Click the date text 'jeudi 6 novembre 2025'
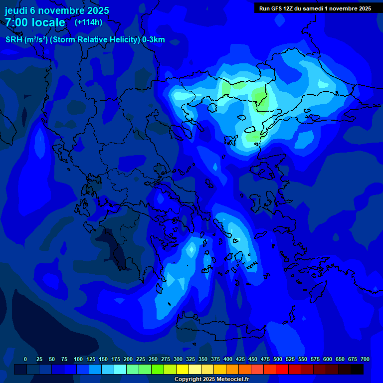coord(57,10)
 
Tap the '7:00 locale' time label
coord(35,22)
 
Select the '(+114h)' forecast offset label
coord(88,22)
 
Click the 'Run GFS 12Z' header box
coord(315,8)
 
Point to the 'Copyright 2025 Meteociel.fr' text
coord(211,380)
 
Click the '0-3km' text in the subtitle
coord(153,40)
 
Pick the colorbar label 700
coord(365,359)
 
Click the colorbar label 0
coord(25,359)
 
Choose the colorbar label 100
coord(78,359)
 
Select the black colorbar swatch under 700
coord(357,369)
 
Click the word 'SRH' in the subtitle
coord(14,40)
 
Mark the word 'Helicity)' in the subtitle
coord(121,40)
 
